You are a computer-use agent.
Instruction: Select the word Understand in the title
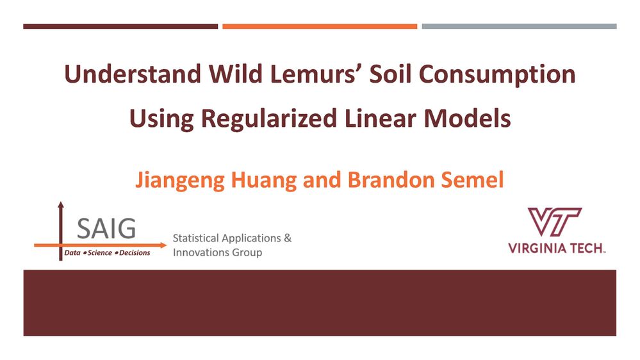pos(133,74)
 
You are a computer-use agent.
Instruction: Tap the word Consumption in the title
pos(497,75)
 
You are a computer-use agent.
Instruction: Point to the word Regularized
pos(269,119)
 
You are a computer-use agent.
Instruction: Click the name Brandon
pos(391,179)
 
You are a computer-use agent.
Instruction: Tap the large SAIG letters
pos(106,229)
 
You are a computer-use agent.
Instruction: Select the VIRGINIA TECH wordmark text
pos(557,248)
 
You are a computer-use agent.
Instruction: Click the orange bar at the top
pos(320,26)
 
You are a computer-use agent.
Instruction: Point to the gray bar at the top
pos(519,26)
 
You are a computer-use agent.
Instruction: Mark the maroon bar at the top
pos(120,26)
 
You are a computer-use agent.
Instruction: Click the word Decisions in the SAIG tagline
pos(135,253)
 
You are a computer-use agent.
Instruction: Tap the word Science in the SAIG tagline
pos(99,253)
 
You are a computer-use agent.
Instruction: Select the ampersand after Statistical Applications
pos(288,238)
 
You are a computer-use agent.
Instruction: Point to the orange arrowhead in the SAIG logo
pos(163,245)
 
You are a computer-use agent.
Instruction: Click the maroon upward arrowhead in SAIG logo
pos(61,205)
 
